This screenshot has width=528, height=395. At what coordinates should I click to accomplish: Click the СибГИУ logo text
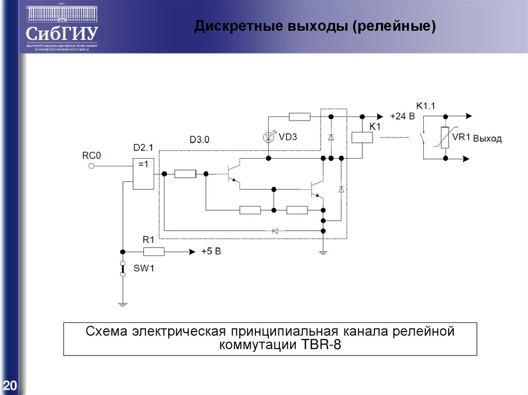click(61, 33)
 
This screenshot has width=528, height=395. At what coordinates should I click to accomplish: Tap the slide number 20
click(10, 385)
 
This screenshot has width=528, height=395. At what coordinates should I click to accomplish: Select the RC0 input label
click(91, 154)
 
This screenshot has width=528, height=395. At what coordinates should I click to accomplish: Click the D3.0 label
click(200, 140)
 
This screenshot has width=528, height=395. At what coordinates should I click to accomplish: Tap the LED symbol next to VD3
click(268, 137)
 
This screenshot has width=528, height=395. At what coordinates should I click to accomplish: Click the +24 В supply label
click(402, 116)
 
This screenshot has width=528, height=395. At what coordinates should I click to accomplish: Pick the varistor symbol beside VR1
click(444, 138)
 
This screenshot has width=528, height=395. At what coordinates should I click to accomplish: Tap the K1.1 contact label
click(426, 106)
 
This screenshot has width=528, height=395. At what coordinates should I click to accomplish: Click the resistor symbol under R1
click(154, 252)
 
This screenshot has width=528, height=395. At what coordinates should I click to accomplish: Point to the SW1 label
click(144, 268)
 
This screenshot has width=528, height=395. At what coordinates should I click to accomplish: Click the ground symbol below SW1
click(123, 304)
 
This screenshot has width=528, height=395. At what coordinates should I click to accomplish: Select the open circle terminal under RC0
click(91, 166)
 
